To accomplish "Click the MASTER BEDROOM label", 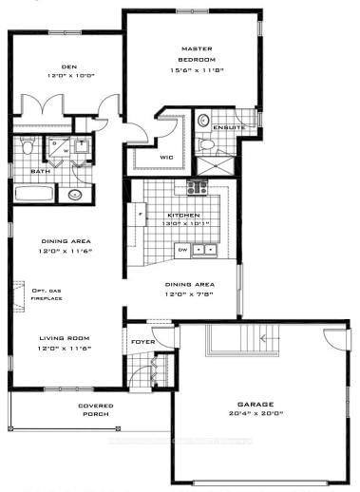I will [x=193, y=55].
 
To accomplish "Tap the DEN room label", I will [x=68, y=66].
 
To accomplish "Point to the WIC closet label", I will [x=165, y=157].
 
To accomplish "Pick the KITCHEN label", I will [x=183, y=216].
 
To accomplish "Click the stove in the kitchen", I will [x=198, y=187].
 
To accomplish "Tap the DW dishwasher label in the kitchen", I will [x=182, y=249].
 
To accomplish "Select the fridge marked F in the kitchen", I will [x=141, y=216].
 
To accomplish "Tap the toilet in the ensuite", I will [x=204, y=122].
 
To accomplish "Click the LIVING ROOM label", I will [x=65, y=338].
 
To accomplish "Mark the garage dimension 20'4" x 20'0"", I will [x=256, y=415].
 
